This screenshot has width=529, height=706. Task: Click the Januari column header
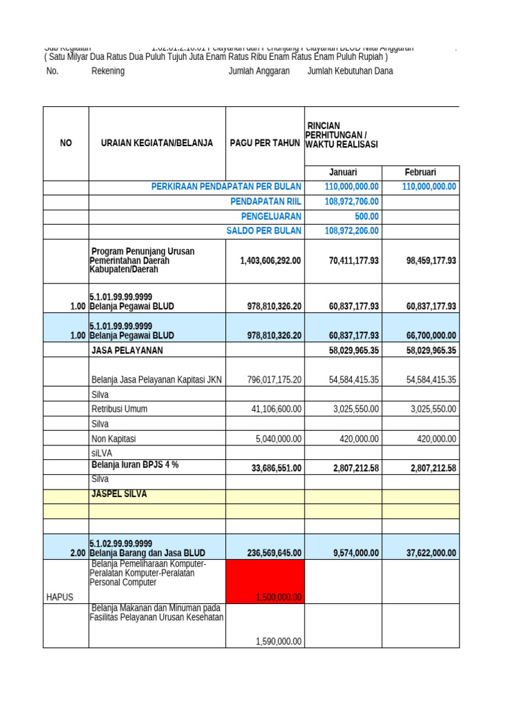click(342, 172)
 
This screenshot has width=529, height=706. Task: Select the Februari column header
click(420, 172)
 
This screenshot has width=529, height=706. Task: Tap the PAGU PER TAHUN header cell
click(265, 143)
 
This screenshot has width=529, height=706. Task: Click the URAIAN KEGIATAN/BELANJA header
click(157, 143)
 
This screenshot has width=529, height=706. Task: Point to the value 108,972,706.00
click(351, 201)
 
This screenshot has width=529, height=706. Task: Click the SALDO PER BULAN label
click(264, 231)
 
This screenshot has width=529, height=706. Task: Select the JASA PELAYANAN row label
click(127, 350)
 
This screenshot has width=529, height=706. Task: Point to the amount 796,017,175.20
click(274, 380)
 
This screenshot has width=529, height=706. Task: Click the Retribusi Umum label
click(119, 409)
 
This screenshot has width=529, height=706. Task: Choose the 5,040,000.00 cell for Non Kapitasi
click(278, 438)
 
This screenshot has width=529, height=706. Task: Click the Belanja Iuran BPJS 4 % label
click(135, 465)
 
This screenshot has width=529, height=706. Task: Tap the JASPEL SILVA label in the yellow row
click(119, 494)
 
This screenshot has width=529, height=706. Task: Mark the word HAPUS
click(59, 597)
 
